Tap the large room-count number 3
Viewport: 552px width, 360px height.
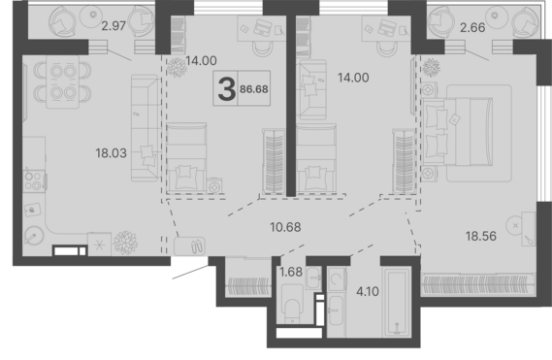(x=226, y=92)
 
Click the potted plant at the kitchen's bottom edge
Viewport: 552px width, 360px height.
(x=125, y=242)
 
